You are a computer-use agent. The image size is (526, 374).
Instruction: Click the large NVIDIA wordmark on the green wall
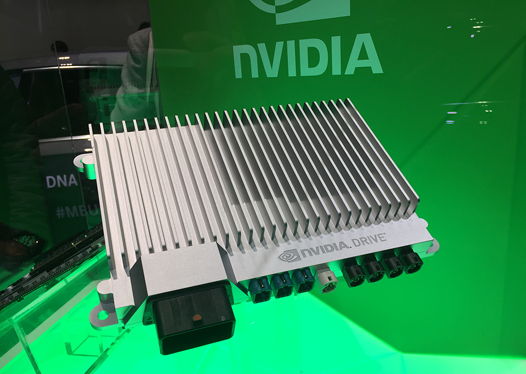(307, 56)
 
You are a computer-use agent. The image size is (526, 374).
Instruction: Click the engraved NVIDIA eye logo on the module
(288, 254)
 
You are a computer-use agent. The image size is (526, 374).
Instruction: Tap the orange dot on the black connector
(195, 319)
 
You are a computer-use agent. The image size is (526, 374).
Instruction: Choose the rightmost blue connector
(304, 282)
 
